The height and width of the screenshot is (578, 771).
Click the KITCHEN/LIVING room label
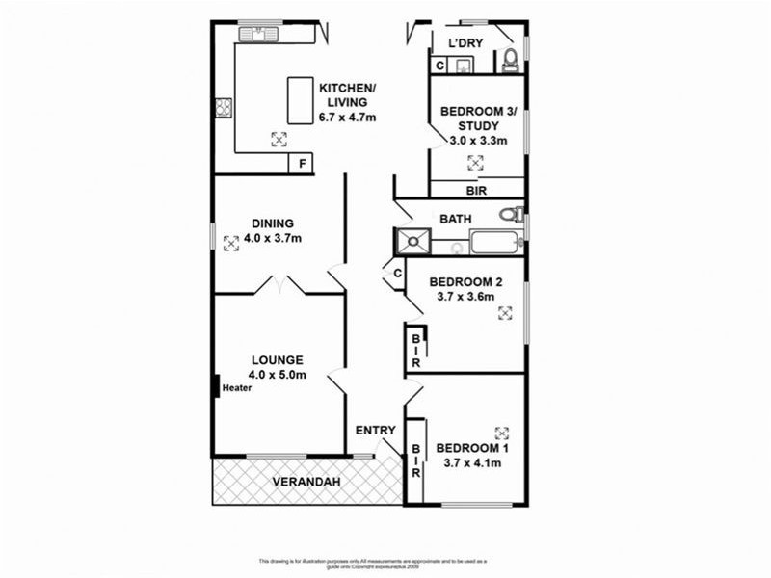pyautogui.click(x=347, y=90)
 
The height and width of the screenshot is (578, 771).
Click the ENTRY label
pyautogui.click(x=375, y=430)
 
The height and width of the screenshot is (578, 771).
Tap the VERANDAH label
pyautogui.click(x=303, y=481)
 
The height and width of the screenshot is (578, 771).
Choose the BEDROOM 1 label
pyautogui.click(x=472, y=448)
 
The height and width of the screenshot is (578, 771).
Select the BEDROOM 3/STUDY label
pyautogui.click(x=478, y=113)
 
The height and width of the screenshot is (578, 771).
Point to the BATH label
pyautogui.click(x=456, y=219)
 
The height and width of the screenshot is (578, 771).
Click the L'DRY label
pyautogui.click(x=465, y=42)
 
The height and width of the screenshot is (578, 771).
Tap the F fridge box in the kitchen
pyautogui.click(x=303, y=164)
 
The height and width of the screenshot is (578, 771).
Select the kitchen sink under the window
pyautogui.click(x=259, y=36)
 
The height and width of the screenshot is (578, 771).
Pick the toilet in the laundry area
pyautogui.click(x=510, y=61)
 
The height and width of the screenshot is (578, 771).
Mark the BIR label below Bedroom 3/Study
pyautogui.click(x=476, y=190)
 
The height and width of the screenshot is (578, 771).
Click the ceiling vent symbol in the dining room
pyautogui.click(x=231, y=244)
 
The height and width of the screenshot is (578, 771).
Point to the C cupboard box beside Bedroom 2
pyautogui.click(x=397, y=274)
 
